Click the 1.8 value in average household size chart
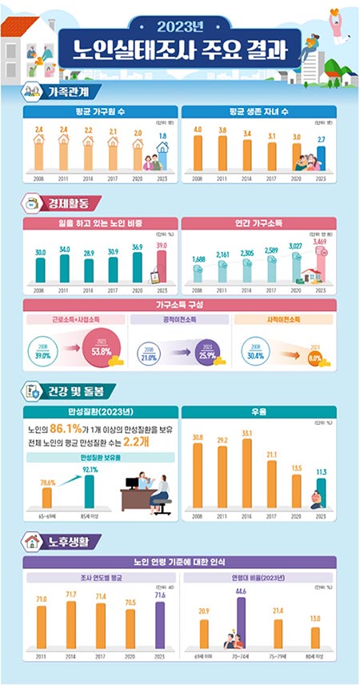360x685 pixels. [162, 137]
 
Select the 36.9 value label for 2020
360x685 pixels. [138, 246]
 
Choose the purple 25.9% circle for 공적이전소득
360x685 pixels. [207, 353]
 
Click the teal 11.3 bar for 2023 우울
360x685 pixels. [321, 496]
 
